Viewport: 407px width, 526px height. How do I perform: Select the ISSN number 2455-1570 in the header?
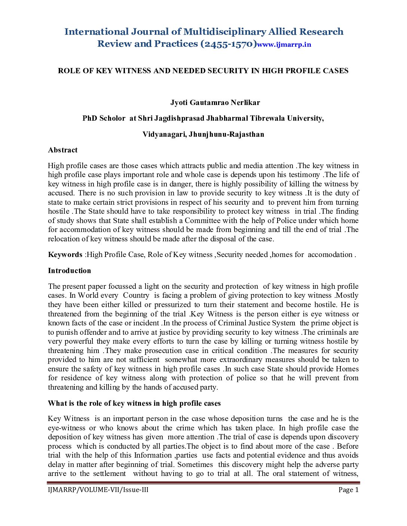point(229,44)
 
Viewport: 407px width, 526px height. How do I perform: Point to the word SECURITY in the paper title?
point(228,71)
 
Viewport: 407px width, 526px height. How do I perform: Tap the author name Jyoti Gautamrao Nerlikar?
point(215,103)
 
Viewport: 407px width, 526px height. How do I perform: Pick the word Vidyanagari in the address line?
point(163,134)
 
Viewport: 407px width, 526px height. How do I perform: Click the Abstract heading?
point(63,150)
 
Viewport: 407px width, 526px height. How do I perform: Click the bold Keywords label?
point(65,255)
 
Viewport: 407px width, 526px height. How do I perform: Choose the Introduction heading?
point(70,271)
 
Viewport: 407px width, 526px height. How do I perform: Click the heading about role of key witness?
point(134,403)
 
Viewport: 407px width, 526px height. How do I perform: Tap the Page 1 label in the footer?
point(348,490)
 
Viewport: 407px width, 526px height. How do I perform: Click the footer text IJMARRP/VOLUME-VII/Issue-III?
point(98,490)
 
